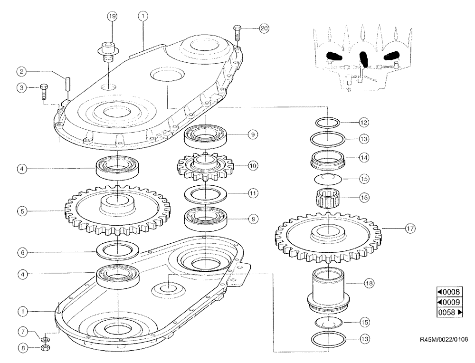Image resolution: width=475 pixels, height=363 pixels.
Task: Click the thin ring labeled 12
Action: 327,123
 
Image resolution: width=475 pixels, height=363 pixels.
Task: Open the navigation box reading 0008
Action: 449,292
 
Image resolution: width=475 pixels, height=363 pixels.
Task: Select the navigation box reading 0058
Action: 449,313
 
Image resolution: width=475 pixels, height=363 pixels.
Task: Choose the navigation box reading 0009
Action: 449,302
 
